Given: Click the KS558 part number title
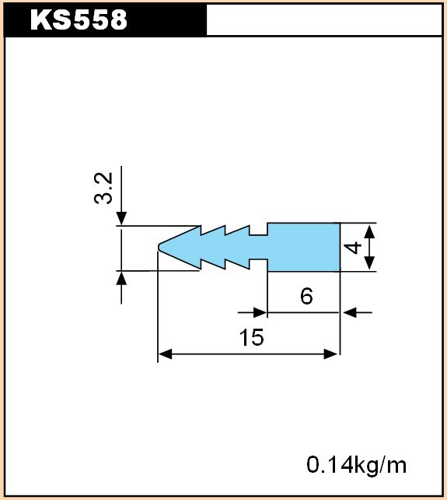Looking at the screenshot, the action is click(79, 19).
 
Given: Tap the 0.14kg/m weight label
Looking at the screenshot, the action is click(357, 465).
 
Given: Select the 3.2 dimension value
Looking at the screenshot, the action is click(104, 188).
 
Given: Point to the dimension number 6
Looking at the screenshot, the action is click(306, 296).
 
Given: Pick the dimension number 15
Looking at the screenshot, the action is click(252, 337).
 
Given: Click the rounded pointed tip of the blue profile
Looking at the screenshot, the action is click(159, 246).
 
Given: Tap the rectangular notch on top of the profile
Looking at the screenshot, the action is click(258, 230).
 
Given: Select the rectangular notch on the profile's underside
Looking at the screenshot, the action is click(258, 265).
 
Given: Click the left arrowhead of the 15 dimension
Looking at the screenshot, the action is click(165, 354).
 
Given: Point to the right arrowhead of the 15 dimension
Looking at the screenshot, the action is click(330, 354).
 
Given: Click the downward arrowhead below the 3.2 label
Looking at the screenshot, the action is click(121, 218).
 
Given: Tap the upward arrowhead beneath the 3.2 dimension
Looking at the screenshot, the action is click(121, 278).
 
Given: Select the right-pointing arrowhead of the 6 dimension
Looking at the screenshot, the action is click(260, 312).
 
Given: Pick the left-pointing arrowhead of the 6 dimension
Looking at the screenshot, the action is click(350, 312).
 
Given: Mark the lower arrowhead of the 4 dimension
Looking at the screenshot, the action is click(369, 263).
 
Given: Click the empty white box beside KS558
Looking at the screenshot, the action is click(324, 19).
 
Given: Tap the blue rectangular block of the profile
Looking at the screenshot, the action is click(304, 247).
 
